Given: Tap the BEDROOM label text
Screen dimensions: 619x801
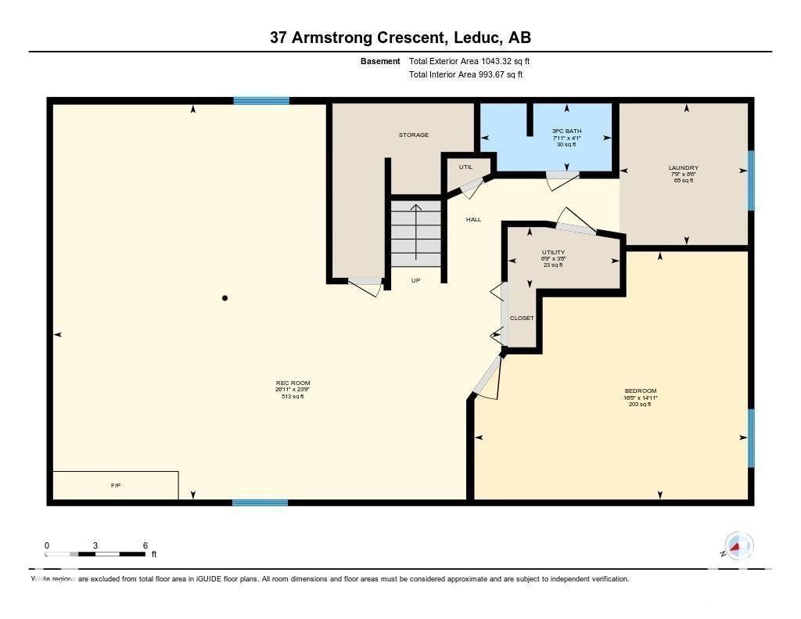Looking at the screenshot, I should click(640, 391).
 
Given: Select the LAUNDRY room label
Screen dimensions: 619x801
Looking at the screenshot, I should click(683, 167).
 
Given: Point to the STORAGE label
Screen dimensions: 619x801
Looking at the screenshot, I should click(413, 135).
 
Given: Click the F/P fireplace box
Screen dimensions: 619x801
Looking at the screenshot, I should click(115, 485).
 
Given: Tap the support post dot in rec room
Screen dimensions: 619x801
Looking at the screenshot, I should click(225, 298).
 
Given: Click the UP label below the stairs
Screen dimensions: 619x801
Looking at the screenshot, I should click(415, 280).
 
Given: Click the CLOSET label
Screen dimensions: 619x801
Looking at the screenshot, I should click(522, 318).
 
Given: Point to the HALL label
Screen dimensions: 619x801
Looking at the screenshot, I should click(473, 220).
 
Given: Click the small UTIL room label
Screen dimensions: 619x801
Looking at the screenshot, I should click(465, 167).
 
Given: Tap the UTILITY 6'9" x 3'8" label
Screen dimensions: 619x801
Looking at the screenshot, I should click(553, 253).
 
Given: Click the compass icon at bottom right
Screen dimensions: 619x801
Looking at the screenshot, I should click(737, 545).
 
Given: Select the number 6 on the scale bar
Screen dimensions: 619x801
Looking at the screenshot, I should click(145, 545).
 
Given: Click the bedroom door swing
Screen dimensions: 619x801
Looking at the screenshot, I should click(487, 380).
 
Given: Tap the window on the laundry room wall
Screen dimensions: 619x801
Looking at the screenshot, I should click(751, 180).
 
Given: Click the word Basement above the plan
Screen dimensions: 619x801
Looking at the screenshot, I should click(380, 61).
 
